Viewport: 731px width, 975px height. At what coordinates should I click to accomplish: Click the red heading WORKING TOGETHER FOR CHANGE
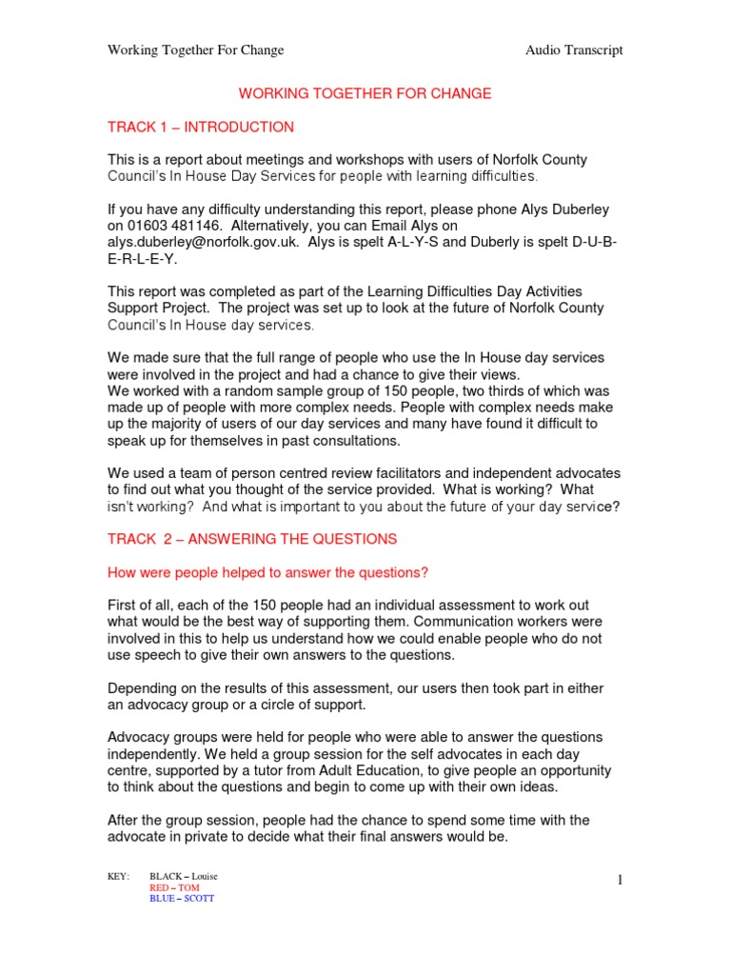tap(365, 93)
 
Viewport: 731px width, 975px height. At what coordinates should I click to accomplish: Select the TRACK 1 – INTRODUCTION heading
tap(201, 127)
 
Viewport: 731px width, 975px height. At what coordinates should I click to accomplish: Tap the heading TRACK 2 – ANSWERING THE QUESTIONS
tap(252, 539)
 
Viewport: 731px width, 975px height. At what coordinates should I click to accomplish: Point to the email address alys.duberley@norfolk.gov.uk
tap(201, 243)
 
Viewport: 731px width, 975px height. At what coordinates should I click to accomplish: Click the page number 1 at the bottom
tap(620, 880)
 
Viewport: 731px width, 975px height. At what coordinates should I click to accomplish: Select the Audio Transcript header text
tap(574, 50)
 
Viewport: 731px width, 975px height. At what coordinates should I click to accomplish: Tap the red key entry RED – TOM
tap(174, 887)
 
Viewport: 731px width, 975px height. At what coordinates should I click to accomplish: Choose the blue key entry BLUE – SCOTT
tap(182, 899)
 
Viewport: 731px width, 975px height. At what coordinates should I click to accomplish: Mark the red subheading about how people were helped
tap(267, 572)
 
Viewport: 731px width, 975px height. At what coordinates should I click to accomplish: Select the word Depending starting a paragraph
tap(145, 688)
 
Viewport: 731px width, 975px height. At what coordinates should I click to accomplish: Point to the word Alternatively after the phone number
tap(275, 226)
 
